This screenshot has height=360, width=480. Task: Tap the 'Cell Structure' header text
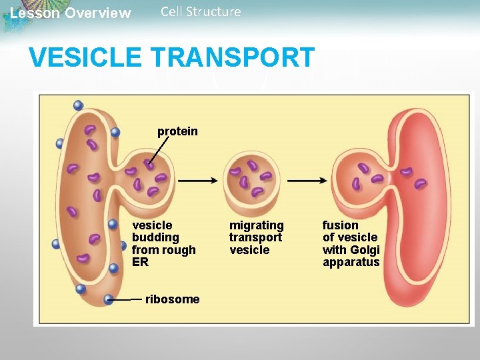click(201, 11)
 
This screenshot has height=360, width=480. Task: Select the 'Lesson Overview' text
click(71, 13)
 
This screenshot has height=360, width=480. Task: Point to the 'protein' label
click(177, 131)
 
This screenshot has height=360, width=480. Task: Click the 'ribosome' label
click(172, 299)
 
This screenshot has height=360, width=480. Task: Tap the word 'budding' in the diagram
click(155, 238)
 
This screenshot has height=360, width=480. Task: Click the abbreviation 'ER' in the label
click(140, 262)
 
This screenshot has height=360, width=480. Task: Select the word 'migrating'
click(256, 225)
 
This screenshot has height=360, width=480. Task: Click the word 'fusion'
click(340, 225)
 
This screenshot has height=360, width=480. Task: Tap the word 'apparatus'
click(351, 262)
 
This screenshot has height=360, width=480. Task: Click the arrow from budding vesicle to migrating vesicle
click(197, 180)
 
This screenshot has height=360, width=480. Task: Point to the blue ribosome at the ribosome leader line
click(109, 300)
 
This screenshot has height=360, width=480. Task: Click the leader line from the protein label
click(159, 151)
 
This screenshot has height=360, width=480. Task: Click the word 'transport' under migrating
click(255, 237)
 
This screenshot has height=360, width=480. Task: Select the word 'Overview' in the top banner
click(101, 13)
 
